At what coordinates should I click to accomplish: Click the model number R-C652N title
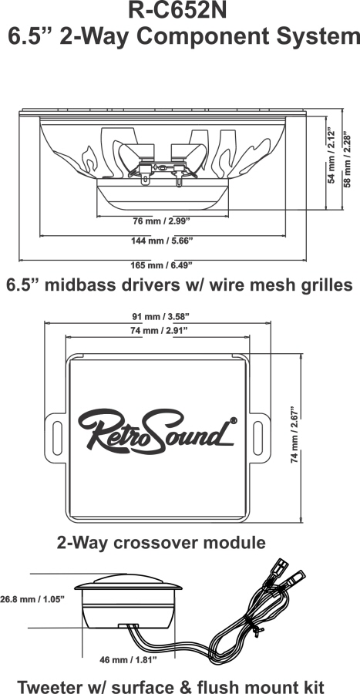pyautogui.click(x=177, y=11)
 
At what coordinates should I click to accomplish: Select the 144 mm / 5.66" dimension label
pyautogui.click(x=163, y=241)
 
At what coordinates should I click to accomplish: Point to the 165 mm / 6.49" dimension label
pyautogui.click(x=161, y=265)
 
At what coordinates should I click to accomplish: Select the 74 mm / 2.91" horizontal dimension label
pyautogui.click(x=157, y=330)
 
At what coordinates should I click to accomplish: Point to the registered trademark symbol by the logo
pyautogui.click(x=234, y=420)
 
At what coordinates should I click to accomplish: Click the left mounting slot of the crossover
pyautogui.click(x=58, y=438)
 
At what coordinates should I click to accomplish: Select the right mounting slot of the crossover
pyautogui.click(x=257, y=438)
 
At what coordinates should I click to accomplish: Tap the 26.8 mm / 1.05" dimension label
pyautogui.click(x=32, y=599)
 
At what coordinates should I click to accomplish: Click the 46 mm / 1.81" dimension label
pyautogui.click(x=129, y=660)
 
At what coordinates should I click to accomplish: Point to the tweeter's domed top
pyautogui.click(x=128, y=579)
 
